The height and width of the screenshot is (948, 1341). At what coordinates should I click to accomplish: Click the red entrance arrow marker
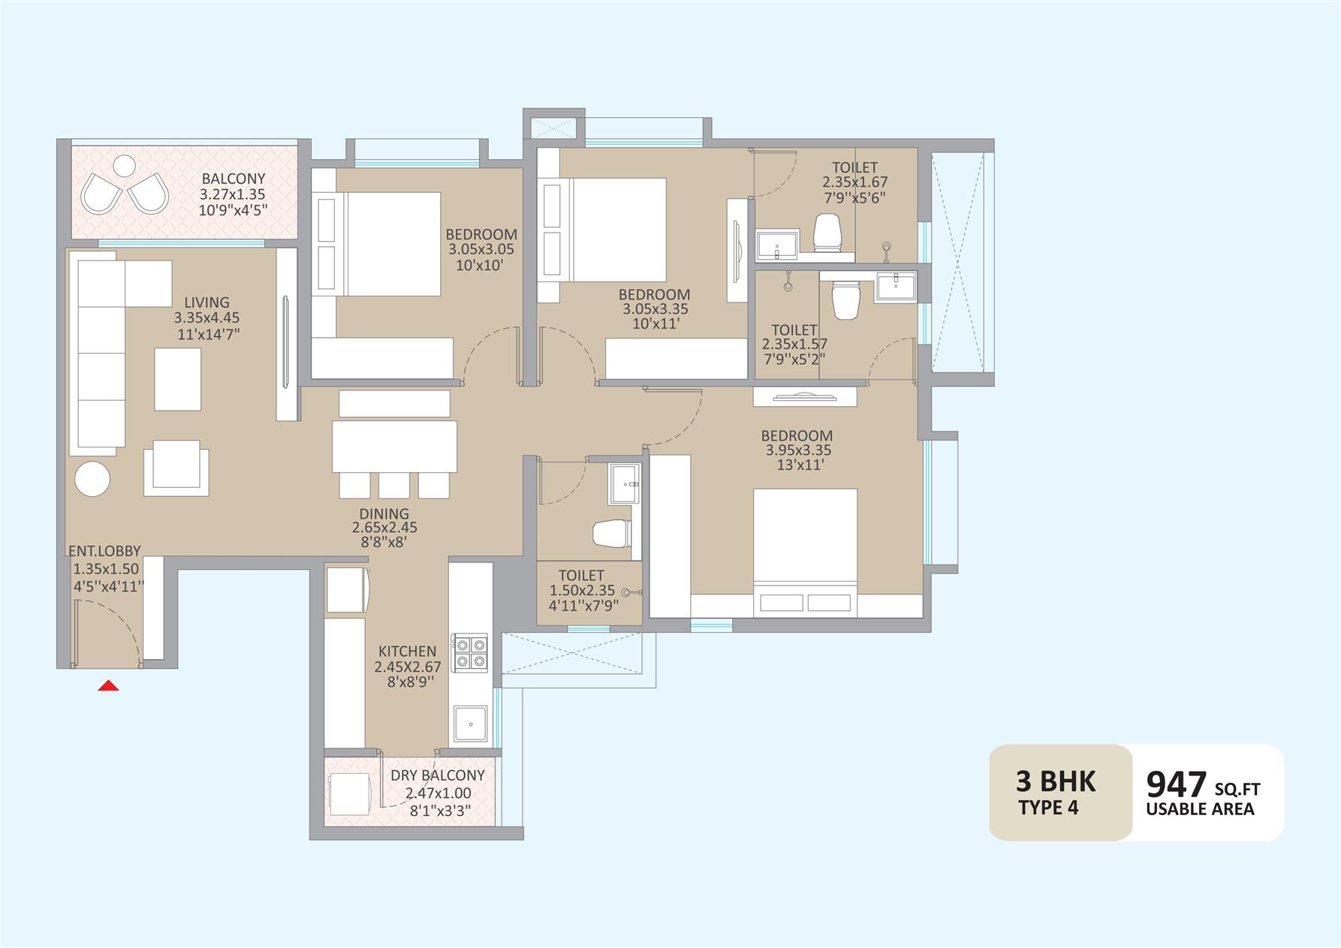[109, 685]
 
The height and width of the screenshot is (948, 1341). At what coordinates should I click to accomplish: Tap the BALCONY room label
[234, 179]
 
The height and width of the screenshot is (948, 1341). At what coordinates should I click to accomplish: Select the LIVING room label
[207, 302]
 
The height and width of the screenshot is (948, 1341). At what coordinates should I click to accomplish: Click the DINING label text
[384, 513]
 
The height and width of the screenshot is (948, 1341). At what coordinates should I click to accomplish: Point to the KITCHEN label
[407, 652]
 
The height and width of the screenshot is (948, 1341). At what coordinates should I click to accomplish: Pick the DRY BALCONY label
[438, 775]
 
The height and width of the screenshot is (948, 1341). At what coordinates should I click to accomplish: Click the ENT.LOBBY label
[105, 551]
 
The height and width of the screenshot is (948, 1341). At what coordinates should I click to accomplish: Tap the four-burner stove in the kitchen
[469, 652]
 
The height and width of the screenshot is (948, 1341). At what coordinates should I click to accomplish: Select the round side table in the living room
[92, 477]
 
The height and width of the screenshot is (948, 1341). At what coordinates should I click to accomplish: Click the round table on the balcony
[125, 164]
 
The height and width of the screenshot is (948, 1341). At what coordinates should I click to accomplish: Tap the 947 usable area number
[1176, 784]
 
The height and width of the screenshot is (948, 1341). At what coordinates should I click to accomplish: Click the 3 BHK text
[1056, 781]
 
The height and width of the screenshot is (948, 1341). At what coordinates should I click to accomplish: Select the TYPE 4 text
[1049, 808]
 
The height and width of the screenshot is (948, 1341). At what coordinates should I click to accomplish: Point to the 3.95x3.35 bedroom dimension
[798, 450]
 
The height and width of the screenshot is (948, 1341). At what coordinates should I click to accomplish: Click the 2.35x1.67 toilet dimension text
[855, 182]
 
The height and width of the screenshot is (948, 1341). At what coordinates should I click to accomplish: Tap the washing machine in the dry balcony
[349, 794]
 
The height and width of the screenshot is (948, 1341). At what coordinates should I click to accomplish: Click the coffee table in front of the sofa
[178, 379]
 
